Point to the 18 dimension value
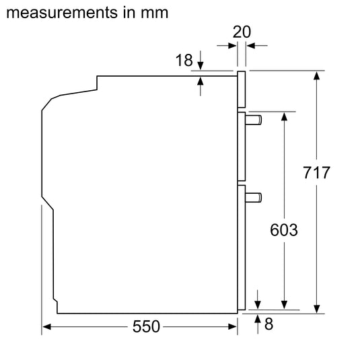click(184, 61)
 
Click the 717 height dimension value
click(316, 173)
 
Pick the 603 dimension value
click(284, 229)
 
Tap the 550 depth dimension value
click(146, 327)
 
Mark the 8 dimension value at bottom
click(269, 325)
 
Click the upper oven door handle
click(254, 120)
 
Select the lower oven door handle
click(254, 197)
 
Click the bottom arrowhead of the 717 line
click(316, 309)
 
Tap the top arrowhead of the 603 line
click(284, 116)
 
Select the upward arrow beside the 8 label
click(258, 320)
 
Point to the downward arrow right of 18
click(201, 66)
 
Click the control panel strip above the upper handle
click(242, 89)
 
